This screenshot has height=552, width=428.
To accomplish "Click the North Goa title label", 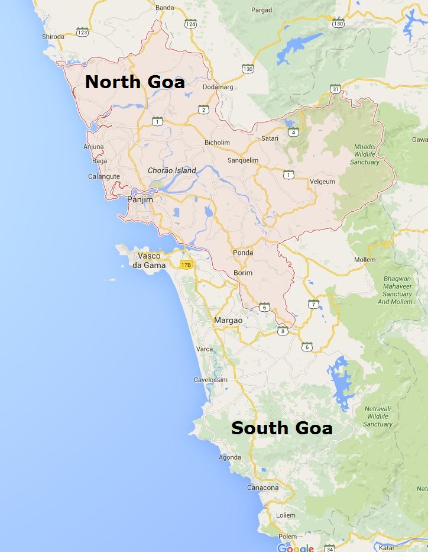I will point(135,82).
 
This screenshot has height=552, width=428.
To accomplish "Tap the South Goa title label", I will point(281,428).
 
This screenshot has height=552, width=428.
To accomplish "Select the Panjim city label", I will point(140,200).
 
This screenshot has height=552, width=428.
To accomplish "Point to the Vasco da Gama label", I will point(149,260).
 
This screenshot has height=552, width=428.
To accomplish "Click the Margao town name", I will point(228,320).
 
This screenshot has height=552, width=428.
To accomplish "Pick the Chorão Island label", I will point(171,170).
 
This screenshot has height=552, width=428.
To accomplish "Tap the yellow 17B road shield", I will point(186,264).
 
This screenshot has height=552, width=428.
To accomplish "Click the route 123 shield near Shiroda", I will point(82,32).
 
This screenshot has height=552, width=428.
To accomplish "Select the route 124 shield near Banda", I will point(190,24).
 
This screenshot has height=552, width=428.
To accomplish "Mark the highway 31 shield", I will point(336,89).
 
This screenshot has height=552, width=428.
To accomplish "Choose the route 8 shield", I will point(283,331).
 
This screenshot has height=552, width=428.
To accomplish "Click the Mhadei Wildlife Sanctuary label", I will point(365,154).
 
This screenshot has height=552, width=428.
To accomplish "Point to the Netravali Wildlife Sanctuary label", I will point(378,417).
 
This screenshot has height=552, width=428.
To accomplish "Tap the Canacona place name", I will point(262,488).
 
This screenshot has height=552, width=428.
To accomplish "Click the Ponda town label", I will point(243,253).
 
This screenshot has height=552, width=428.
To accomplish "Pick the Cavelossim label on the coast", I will point(210,380).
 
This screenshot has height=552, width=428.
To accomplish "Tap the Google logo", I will point(296,547).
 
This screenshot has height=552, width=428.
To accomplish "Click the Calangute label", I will point(104,176).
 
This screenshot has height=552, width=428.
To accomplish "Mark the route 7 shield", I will point(313,304).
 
